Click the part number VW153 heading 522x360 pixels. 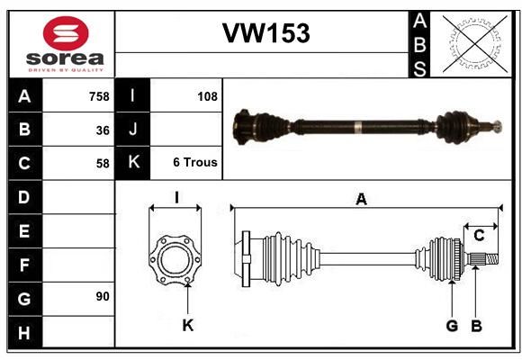point(266,33)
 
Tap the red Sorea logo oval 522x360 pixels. point(66,33)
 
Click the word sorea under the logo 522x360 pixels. point(65,58)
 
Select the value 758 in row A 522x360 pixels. point(99,96)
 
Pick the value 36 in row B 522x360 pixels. point(103,130)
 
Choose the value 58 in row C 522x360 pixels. point(103,164)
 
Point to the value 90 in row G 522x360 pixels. point(103,296)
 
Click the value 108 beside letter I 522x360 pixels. point(207,96)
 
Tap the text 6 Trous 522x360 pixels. point(195,162)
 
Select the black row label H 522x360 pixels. point(25,332)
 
